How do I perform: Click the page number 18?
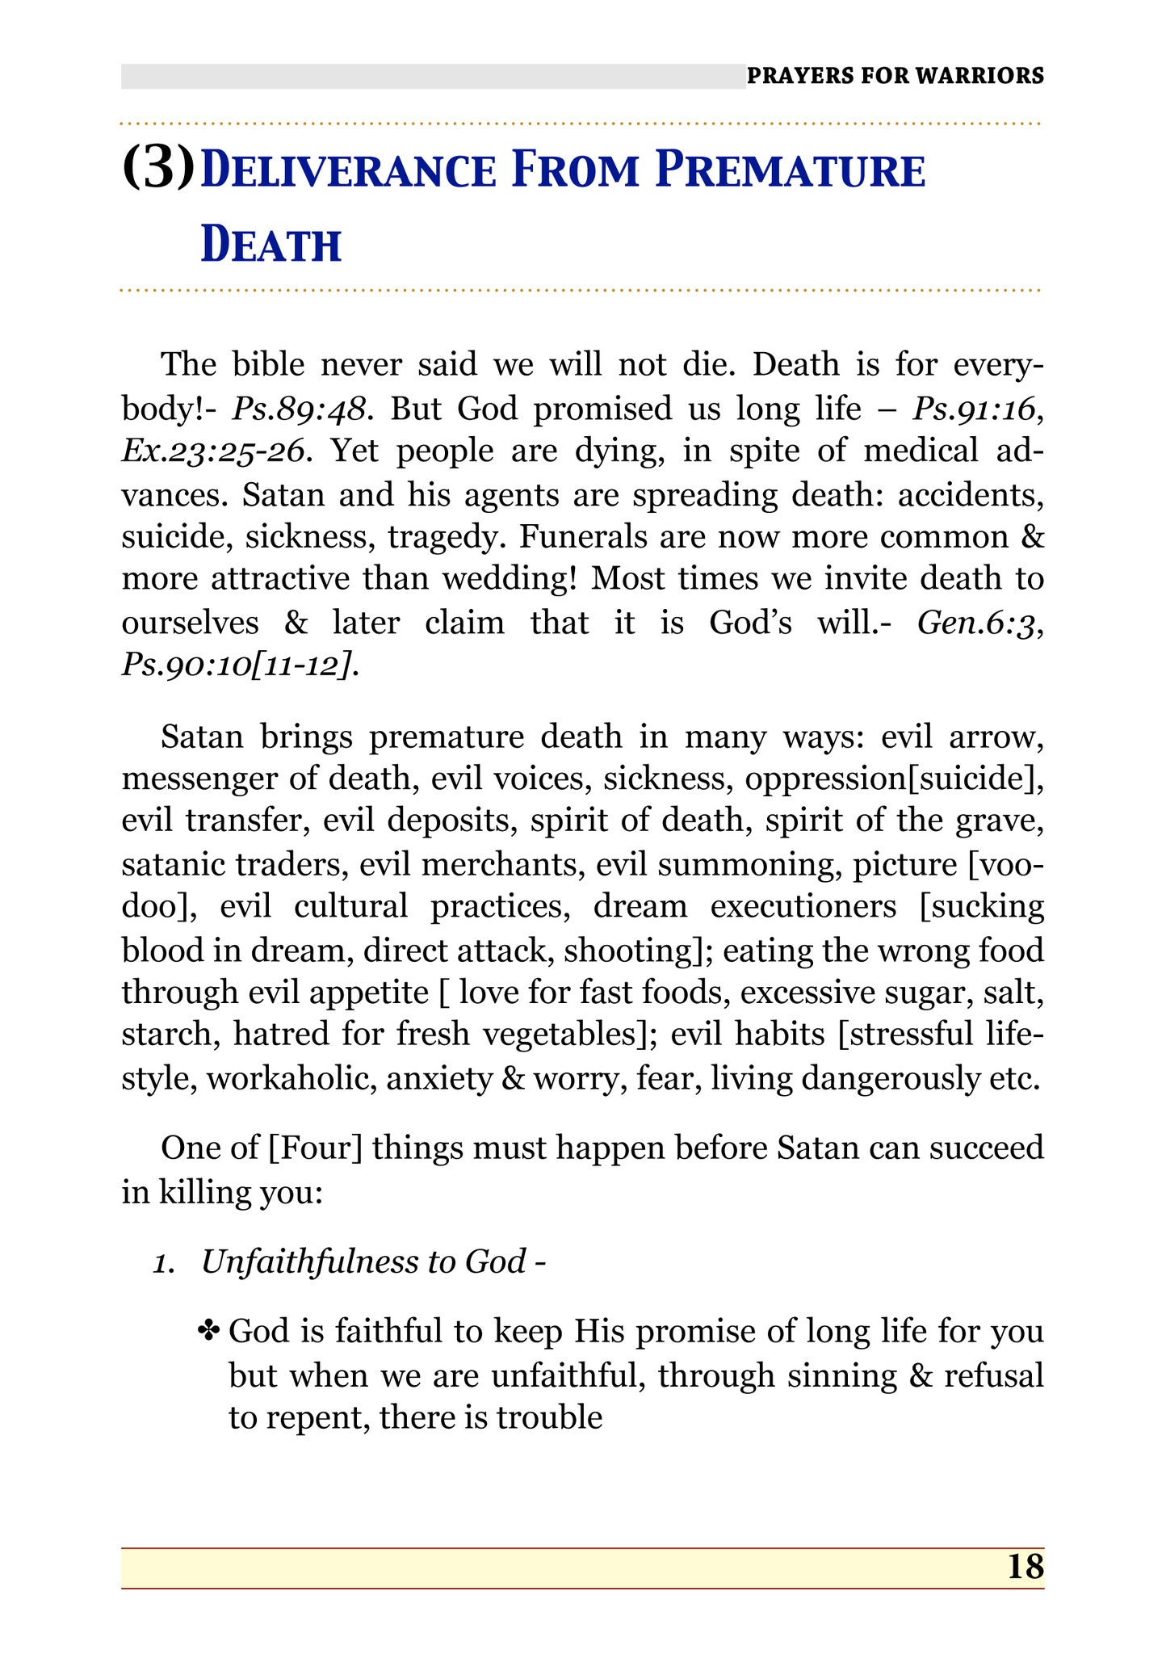click(x=1025, y=1567)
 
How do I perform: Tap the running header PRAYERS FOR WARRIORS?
click(x=895, y=76)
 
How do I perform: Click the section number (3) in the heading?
click(x=158, y=168)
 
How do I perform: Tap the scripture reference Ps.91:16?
click(x=973, y=409)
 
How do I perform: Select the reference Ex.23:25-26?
click(x=213, y=451)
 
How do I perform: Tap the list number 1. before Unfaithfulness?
click(x=166, y=1262)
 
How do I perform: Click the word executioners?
click(x=803, y=906)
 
